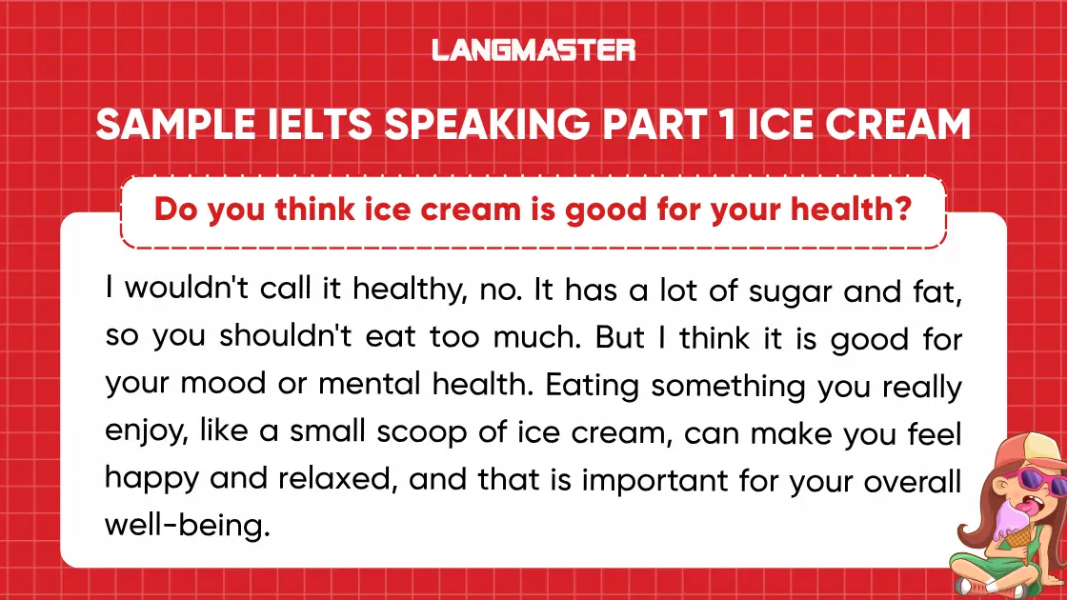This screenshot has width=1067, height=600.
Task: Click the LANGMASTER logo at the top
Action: (533, 50)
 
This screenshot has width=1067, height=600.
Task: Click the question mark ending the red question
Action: (902, 210)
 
